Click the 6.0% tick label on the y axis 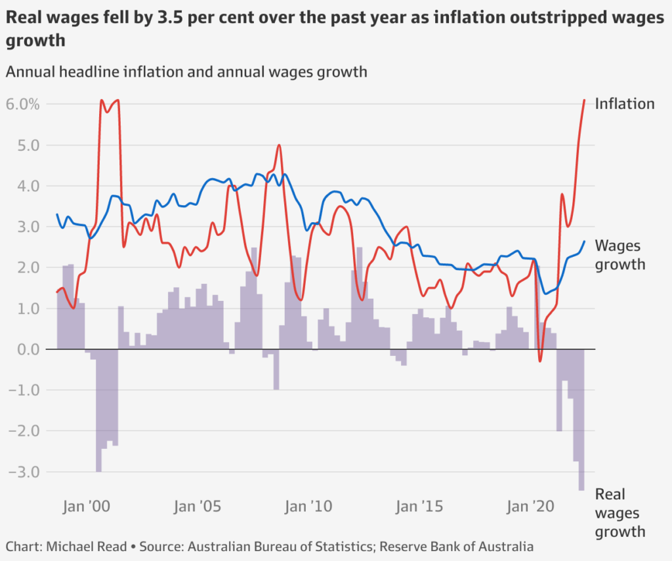(x=23, y=104)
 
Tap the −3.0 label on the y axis (x=25, y=472)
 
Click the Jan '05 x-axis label (x=194, y=507)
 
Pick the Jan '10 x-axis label (x=304, y=507)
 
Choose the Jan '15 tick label (x=414, y=507)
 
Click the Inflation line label (x=624, y=104)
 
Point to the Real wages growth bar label (x=619, y=513)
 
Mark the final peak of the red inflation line (x=584, y=100)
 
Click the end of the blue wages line (x=584, y=242)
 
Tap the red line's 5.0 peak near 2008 (x=279, y=145)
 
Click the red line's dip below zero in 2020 (x=540, y=360)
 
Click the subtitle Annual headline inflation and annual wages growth (x=186, y=71)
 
